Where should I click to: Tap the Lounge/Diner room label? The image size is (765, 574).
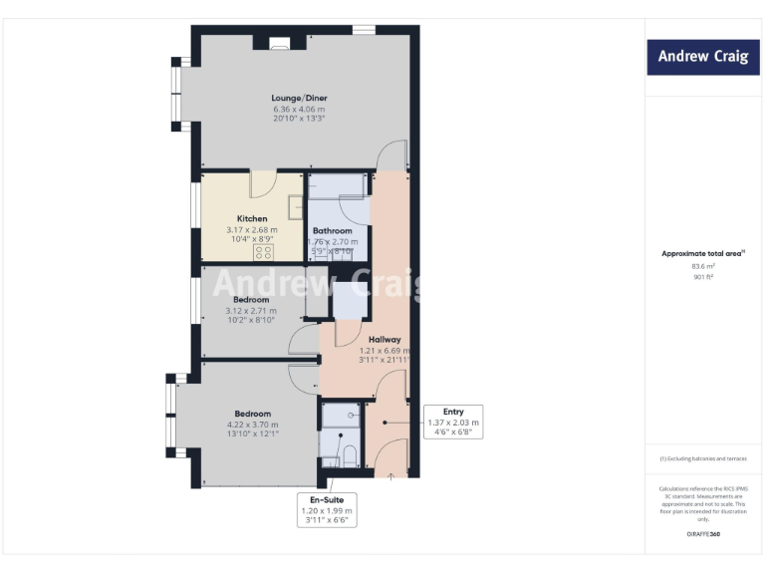coord(299,98)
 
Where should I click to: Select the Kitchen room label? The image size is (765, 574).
coord(251,218)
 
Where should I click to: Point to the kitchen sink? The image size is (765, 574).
coord(296,206)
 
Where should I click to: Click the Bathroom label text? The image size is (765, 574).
coord(333,230)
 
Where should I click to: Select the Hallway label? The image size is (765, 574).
coord(383,340)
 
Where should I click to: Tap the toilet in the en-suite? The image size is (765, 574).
coord(349,455)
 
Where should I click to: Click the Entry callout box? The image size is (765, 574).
coord(453,423)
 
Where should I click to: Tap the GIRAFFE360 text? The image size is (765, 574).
coord(703,536)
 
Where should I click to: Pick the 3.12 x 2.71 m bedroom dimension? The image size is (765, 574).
coord(251,310)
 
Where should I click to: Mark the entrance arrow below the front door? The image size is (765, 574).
coord(390,475)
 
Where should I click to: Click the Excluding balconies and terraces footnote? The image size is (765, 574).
coord(703,458)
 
